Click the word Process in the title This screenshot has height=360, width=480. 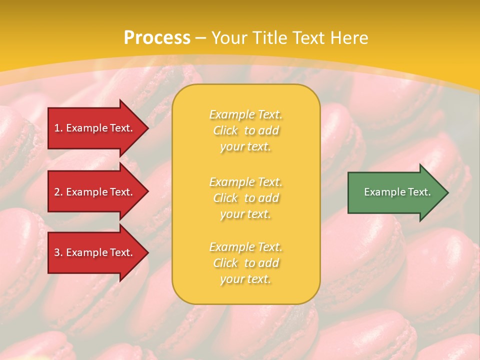(x=157, y=38)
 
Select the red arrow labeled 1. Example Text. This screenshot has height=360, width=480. (x=95, y=128)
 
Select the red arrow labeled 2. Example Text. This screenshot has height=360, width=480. (x=95, y=192)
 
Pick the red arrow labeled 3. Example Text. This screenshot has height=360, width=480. (x=95, y=252)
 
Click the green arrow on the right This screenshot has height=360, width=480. (x=395, y=192)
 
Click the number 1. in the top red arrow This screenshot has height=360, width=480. (x=58, y=128)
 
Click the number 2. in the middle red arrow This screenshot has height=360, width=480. (x=58, y=192)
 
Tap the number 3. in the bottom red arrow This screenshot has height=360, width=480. (x=58, y=252)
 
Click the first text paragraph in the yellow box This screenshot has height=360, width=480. (x=245, y=130)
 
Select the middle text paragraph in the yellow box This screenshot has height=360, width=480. (x=245, y=198)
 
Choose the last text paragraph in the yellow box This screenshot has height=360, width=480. (x=245, y=263)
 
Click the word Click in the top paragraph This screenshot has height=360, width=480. (x=225, y=130)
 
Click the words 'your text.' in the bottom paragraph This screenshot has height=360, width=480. (x=245, y=279)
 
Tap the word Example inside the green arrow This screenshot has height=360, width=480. (x=382, y=192)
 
